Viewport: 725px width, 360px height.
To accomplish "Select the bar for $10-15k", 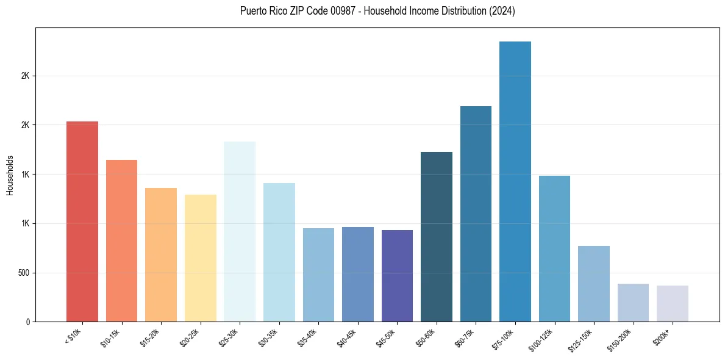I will (121, 240).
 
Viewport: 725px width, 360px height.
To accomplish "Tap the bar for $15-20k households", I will (161, 254).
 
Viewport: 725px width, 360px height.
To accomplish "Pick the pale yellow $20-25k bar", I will (200, 258).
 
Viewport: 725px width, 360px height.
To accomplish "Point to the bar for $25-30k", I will (240, 231).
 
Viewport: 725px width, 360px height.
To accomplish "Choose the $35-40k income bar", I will (318, 275).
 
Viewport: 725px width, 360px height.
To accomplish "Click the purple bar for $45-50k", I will (397, 276).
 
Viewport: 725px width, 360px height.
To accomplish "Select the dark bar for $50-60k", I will (437, 237).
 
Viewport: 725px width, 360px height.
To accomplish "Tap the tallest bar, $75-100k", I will (515, 181).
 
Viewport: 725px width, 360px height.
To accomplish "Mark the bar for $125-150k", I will (594, 284).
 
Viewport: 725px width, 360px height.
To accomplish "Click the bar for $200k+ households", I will (673, 303).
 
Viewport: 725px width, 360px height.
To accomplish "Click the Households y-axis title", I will (10, 175).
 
